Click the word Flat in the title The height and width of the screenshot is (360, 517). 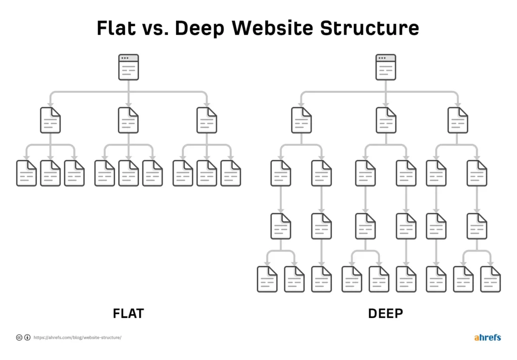pos(116,28)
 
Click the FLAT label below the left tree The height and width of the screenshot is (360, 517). pos(128,314)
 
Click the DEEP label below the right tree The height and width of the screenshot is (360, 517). pos(385,314)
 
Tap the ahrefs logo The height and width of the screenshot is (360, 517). pos(487,337)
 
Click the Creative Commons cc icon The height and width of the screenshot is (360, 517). pos(19,337)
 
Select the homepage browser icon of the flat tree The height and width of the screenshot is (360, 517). pos(128,67)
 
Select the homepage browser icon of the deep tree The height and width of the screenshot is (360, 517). pos(385,67)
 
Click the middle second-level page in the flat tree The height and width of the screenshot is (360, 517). pos(128,120)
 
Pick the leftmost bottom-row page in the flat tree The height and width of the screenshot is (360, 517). pos(26,173)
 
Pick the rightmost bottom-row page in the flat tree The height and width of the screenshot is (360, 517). pos(231,173)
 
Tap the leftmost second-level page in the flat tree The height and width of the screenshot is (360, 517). pos(50,120)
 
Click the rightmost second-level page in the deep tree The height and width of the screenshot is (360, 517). pos(458,120)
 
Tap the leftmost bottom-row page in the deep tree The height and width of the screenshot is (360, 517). pos(267,279)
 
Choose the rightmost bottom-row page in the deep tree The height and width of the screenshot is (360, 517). pos(490,279)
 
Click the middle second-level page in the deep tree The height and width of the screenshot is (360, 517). pos(386,120)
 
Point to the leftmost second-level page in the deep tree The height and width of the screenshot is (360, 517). pos(301,120)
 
